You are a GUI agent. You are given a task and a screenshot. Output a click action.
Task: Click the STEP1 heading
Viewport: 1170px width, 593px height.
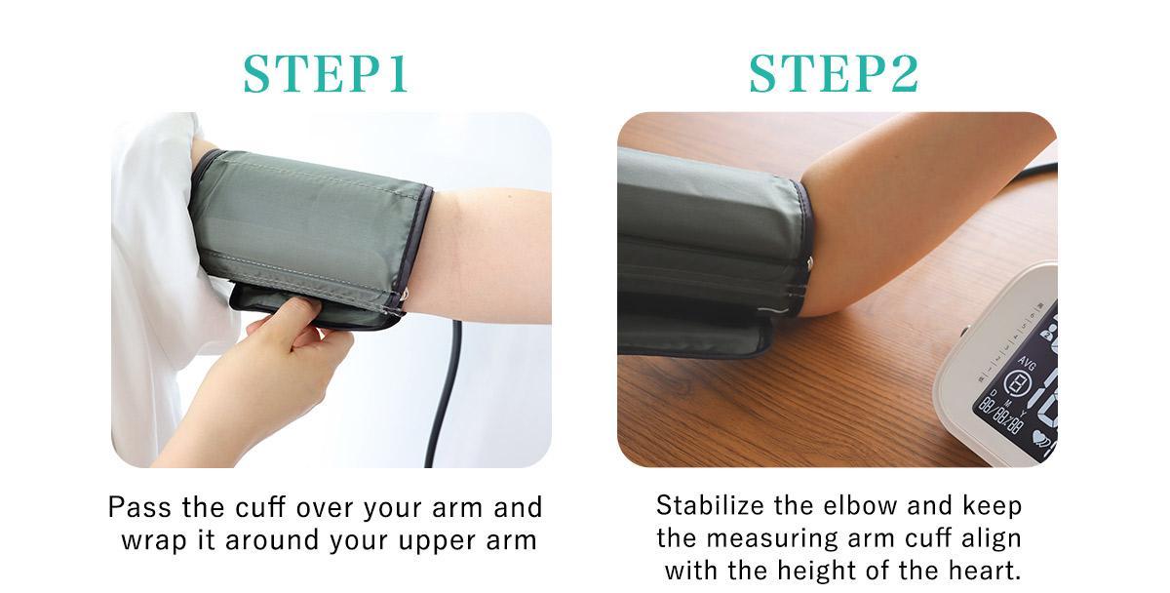(325, 74)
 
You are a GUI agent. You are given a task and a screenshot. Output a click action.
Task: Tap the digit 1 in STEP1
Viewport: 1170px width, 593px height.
(398, 74)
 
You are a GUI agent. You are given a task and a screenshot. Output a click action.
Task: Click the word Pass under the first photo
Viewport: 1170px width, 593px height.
(139, 507)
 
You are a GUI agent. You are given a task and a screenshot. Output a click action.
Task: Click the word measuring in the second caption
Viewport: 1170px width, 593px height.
(771, 538)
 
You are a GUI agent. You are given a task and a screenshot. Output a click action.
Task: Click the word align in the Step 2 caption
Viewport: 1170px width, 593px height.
(992, 538)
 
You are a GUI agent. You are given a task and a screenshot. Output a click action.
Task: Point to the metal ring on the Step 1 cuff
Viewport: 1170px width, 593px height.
(404, 296)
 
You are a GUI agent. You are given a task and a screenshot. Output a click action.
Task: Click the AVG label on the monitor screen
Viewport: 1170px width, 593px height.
(1027, 363)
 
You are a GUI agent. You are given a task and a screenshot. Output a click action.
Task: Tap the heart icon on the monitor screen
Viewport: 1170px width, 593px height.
(1039, 436)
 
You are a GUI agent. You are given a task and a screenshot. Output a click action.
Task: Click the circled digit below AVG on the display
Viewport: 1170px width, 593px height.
(1016, 383)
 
